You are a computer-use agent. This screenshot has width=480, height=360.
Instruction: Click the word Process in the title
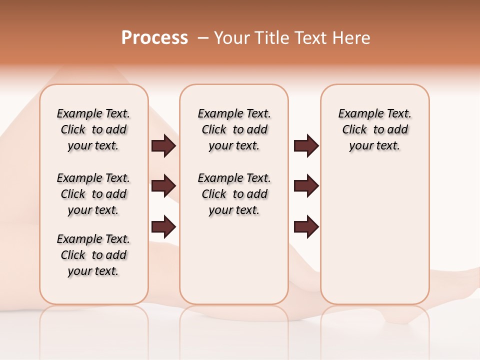coord(154,38)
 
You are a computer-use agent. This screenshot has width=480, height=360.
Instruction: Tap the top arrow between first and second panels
coord(163,145)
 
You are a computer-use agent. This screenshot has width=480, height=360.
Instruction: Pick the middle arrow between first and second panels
coord(163,186)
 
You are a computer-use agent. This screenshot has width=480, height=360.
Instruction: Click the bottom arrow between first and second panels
coord(163,227)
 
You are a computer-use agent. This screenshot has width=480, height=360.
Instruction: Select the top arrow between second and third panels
coord(306,145)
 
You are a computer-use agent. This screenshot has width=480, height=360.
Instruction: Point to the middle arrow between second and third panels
coord(306,186)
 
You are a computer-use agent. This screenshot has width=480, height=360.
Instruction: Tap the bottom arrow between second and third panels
coord(306,227)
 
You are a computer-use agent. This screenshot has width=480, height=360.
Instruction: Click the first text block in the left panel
coord(93,129)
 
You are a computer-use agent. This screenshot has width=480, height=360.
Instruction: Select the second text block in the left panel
coord(93,194)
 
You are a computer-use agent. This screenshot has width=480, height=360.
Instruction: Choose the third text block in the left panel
coord(93,255)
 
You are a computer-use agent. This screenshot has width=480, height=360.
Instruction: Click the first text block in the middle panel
coord(234,129)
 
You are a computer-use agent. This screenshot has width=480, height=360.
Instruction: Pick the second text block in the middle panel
coord(234,194)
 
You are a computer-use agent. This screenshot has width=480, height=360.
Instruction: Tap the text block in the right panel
coord(374,129)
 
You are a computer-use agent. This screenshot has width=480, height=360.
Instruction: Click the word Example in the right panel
coord(356,114)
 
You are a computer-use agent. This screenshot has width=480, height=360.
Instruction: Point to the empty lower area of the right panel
coord(374,240)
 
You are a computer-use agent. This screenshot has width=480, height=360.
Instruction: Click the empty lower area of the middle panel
coord(234,260)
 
